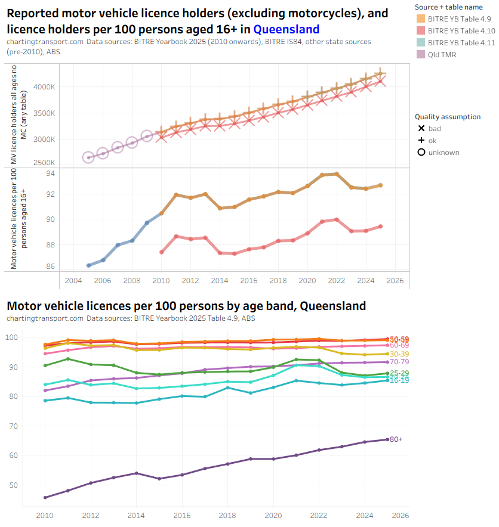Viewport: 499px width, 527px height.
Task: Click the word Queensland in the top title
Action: pyautogui.click(x=286, y=29)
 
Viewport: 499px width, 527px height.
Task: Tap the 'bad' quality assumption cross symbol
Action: pyautogui.click(x=421, y=129)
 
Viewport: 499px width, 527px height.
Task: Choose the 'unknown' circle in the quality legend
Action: pyautogui.click(x=421, y=153)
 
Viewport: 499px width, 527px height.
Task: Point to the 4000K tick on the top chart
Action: pyautogui.click(x=44, y=88)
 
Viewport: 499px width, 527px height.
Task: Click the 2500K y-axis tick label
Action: pyautogui.click(x=44, y=163)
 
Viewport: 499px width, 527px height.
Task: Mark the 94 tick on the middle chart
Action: pyautogui.click(x=51, y=173)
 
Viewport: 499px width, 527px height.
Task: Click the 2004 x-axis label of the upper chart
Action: pyautogui.click(x=73, y=280)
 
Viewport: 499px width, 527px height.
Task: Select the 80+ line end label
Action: pyautogui.click(x=396, y=439)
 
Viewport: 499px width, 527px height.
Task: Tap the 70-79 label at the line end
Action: pyautogui.click(x=399, y=362)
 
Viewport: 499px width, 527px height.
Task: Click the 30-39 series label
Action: pyautogui.click(x=399, y=354)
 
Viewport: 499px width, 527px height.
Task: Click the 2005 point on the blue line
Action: pyautogui.click(x=88, y=265)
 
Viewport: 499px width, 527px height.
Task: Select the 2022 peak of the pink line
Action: pyautogui.click(x=337, y=219)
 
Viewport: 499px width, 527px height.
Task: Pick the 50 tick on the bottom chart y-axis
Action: pyautogui.click(x=28, y=485)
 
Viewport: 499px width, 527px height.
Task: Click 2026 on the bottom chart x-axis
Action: pyautogui.click(x=399, y=515)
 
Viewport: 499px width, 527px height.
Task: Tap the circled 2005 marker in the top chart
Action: pyautogui.click(x=88, y=157)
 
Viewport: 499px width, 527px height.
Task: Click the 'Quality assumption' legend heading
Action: pyautogui.click(x=448, y=117)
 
